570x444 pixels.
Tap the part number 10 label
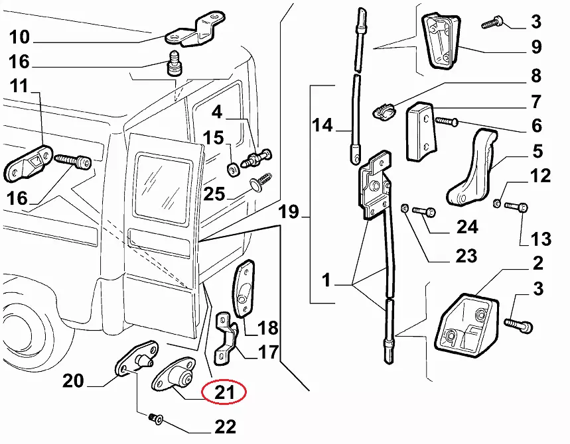[x=20, y=35]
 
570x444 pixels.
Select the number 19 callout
[x=289, y=213]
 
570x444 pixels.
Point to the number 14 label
[x=323, y=124]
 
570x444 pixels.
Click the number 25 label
[x=214, y=194]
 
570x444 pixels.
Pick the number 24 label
[x=466, y=227]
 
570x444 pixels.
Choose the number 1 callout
[x=326, y=282]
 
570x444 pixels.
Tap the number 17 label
[x=267, y=352]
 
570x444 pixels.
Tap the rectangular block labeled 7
[x=419, y=130]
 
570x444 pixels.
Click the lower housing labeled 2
[x=468, y=324]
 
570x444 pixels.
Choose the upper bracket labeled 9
[x=441, y=41]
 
